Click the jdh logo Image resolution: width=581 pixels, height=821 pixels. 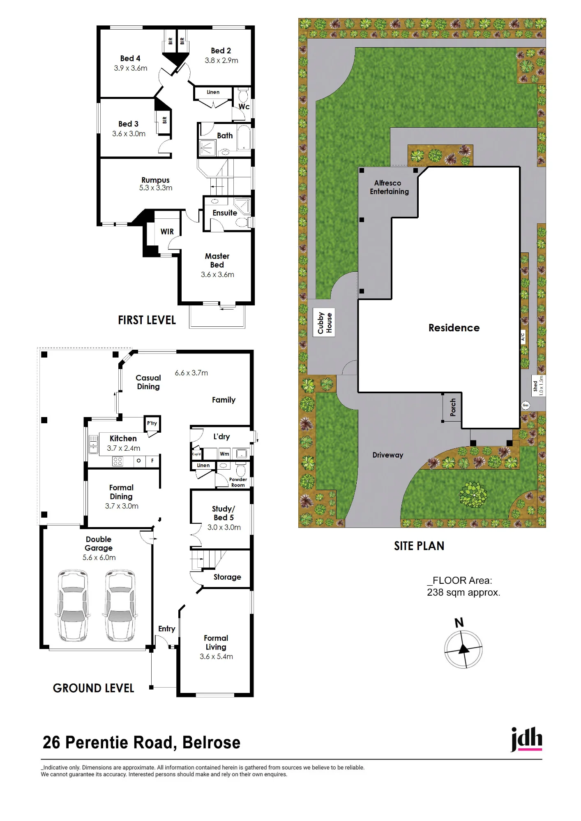(526, 739)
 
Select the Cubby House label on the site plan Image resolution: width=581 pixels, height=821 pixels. (324, 323)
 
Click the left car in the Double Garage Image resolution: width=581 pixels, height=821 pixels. (73, 605)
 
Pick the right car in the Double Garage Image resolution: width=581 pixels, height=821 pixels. (120, 605)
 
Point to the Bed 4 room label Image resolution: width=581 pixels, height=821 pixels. (130, 58)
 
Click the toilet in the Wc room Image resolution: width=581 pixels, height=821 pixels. (243, 96)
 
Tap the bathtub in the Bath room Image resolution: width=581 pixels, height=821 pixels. (244, 138)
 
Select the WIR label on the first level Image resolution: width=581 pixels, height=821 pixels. (167, 232)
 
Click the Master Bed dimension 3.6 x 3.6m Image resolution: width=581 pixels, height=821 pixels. (217, 275)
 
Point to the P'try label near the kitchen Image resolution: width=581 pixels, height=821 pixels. (152, 423)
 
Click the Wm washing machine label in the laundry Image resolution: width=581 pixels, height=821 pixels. (224, 454)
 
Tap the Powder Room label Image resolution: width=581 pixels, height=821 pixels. (238, 482)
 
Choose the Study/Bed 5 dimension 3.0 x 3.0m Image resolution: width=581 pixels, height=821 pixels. (224, 527)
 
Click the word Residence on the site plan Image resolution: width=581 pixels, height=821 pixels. (454, 328)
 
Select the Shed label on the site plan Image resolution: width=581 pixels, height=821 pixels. (535, 386)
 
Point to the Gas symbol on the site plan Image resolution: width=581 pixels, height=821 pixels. (526, 405)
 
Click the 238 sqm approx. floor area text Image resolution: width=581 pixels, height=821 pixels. (463, 592)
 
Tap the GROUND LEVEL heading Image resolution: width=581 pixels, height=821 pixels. (94, 688)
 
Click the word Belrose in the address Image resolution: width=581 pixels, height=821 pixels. (211, 743)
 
